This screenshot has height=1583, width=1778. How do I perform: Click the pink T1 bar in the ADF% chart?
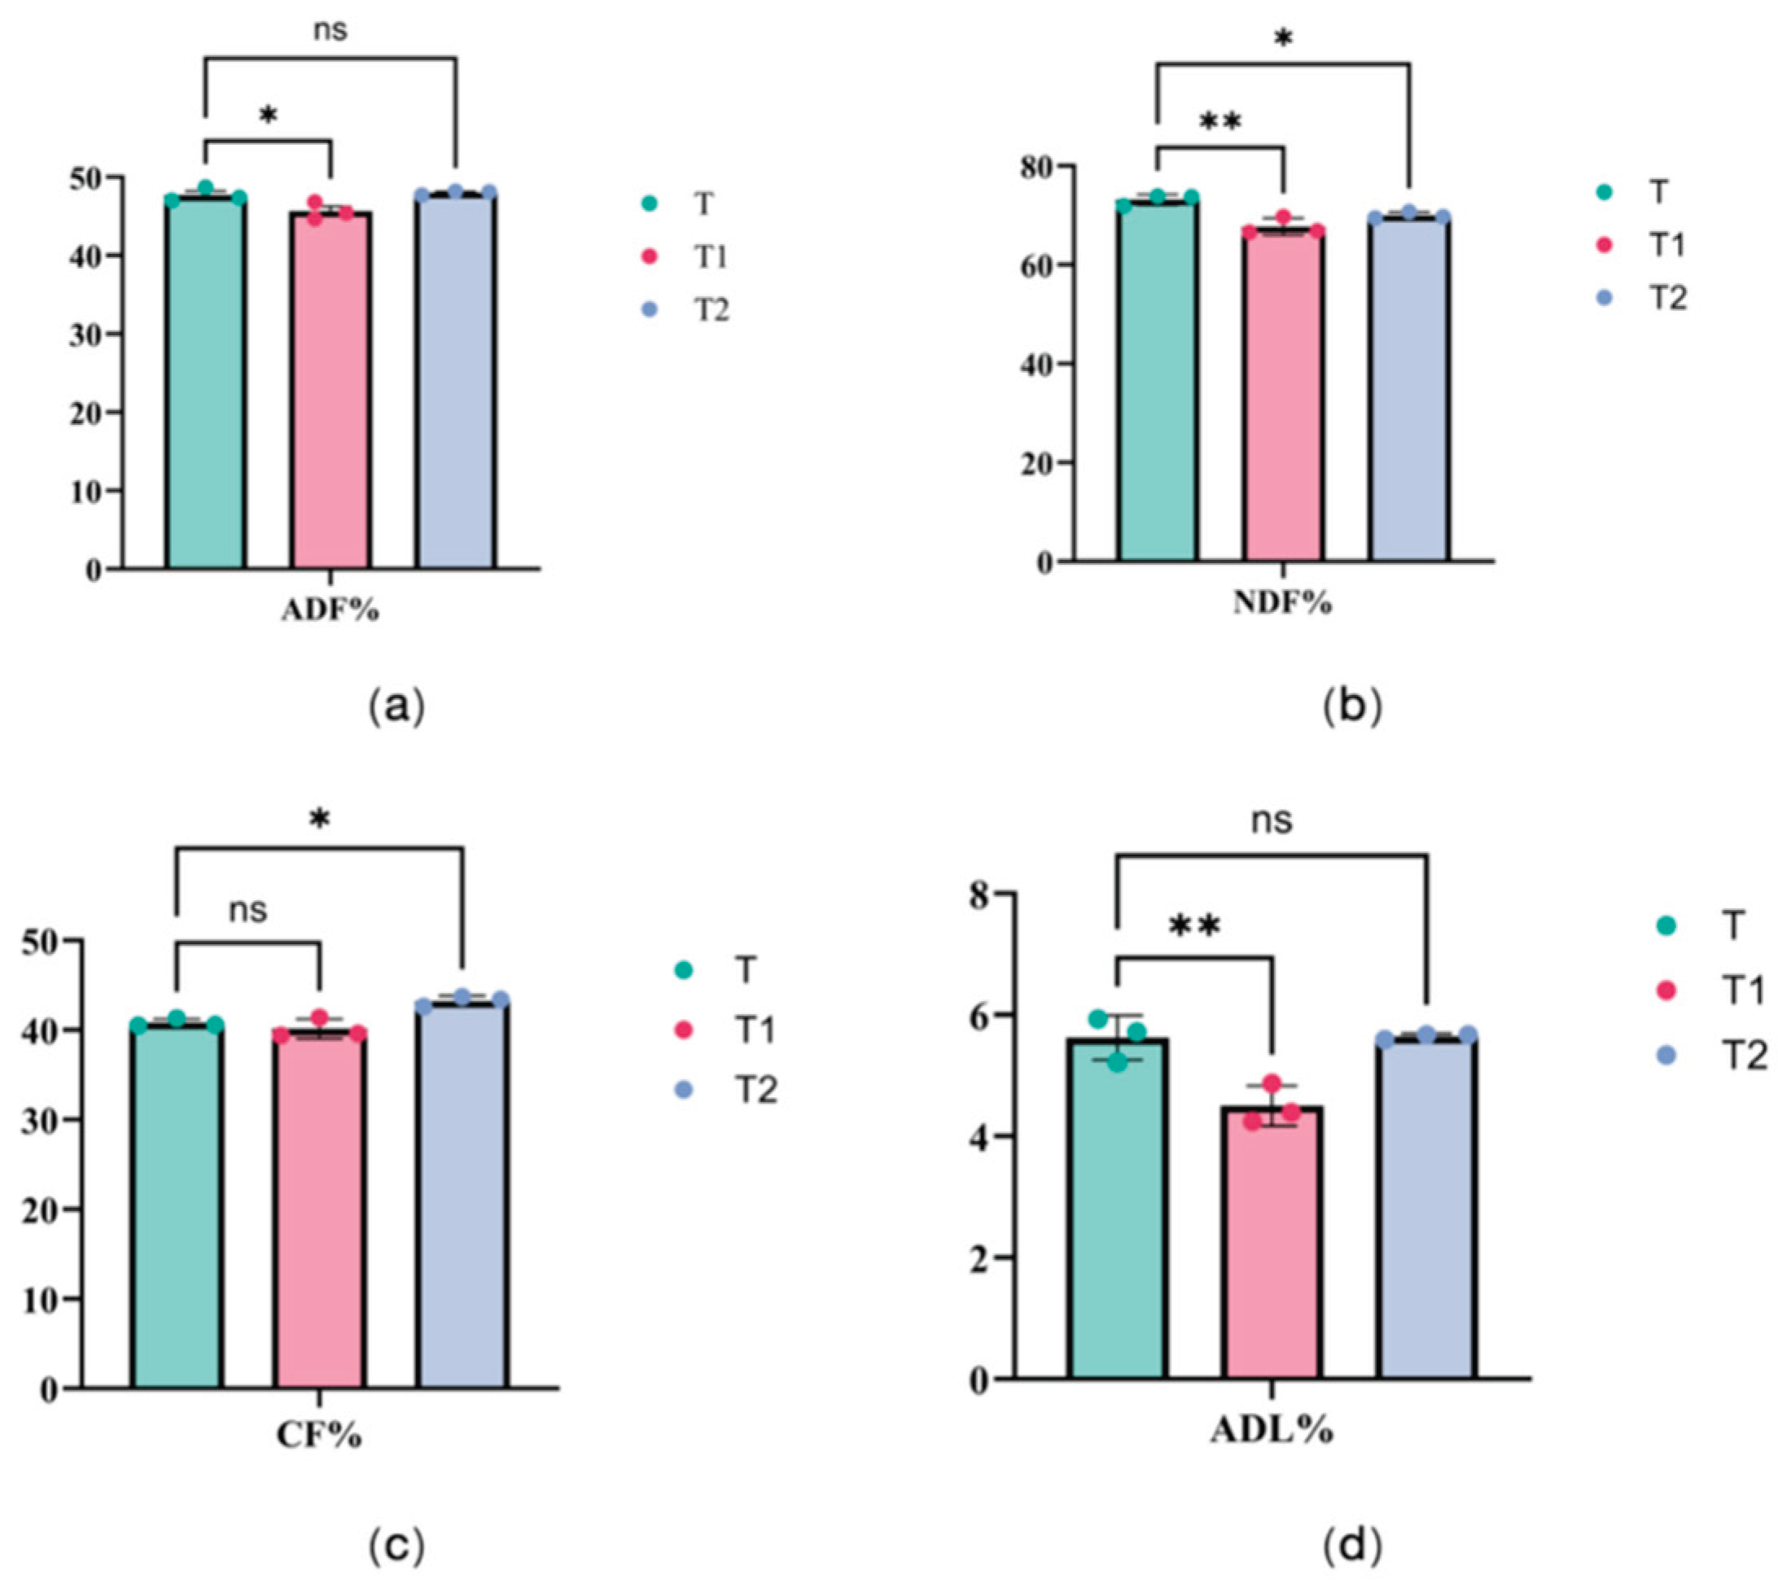331,391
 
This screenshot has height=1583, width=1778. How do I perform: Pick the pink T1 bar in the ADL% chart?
1272,1244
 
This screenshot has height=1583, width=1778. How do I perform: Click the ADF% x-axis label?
331,610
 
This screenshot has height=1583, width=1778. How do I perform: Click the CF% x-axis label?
319,1436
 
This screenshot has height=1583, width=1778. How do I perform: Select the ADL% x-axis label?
1272,1431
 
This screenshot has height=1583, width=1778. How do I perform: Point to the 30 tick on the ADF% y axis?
85,335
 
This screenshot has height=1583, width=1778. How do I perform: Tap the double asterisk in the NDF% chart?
1220,123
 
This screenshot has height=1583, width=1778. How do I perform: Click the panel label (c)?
397,1547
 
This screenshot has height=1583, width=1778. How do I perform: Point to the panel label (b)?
1351,706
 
